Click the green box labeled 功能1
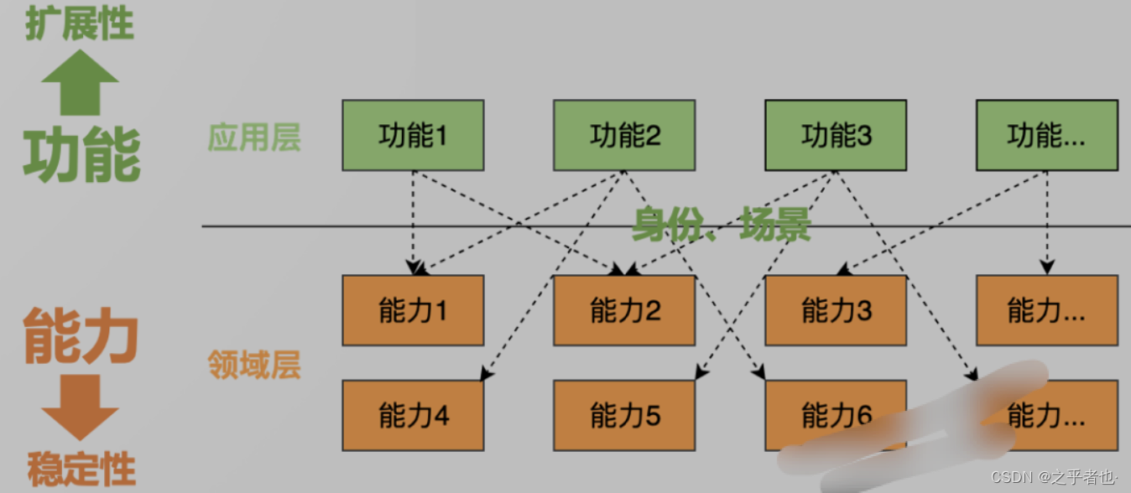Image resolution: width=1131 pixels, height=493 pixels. point(413,135)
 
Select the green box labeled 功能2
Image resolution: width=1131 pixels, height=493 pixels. point(624,135)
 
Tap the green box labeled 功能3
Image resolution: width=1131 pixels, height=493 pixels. point(836,135)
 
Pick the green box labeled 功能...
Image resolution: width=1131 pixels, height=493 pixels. point(1047,135)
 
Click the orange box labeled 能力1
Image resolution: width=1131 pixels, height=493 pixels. point(413,310)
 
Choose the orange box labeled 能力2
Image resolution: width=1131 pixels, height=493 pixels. point(624,310)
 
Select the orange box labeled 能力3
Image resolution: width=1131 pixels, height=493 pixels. point(836,310)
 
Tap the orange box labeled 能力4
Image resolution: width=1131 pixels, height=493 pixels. point(413,415)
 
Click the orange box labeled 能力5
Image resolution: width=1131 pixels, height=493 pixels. point(624,415)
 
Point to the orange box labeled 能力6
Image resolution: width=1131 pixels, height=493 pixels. point(836,415)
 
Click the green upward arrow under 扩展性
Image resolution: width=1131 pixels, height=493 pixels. point(80,82)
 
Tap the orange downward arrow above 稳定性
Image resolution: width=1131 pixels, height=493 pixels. point(80,407)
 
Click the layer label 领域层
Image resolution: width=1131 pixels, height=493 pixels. point(254,366)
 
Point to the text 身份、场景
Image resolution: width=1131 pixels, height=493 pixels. point(721,224)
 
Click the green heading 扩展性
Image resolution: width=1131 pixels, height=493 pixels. point(80,23)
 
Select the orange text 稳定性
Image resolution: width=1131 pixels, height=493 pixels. point(81,470)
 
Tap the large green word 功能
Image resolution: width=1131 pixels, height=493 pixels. point(81,155)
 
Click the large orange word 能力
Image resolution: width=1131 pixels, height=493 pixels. point(81,335)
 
